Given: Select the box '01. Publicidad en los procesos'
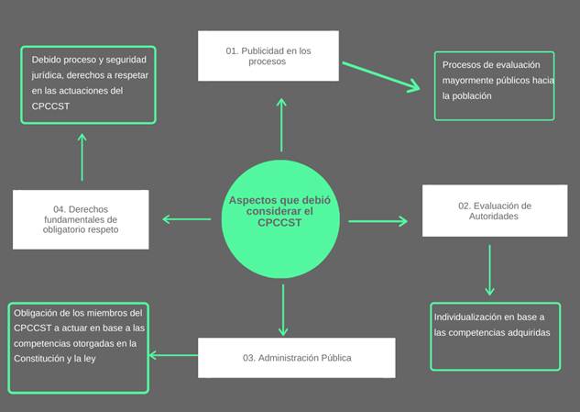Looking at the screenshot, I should [268, 56].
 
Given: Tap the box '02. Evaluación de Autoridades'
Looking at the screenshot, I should [494, 211].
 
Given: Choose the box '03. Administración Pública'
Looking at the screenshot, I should [297, 357].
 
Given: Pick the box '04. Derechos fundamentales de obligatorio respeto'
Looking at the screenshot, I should [81, 218].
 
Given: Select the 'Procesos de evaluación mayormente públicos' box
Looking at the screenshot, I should [495, 85].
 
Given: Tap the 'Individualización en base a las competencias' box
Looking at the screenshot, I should [495, 335].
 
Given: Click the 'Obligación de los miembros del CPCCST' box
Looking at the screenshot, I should [77, 347].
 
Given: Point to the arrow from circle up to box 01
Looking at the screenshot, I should [281, 124].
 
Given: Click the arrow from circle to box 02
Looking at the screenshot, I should [378, 221].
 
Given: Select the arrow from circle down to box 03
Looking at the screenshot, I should [283, 309].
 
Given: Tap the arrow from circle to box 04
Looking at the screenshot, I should [186, 218].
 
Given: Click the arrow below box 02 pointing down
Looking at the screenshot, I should [490, 269].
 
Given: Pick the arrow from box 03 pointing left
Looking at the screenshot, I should [174, 355].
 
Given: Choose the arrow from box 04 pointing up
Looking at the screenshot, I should [82, 157].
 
